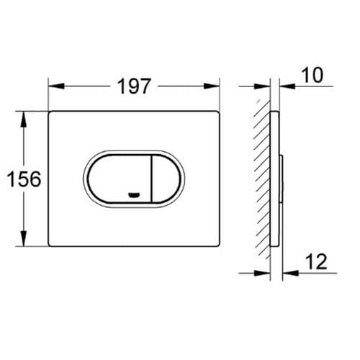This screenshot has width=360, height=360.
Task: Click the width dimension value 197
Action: pos(134,87)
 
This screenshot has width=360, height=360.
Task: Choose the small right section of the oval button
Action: pos(165,179)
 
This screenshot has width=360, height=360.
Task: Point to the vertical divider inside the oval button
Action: pos(150,179)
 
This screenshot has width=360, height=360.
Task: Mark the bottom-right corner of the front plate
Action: pos(218,245)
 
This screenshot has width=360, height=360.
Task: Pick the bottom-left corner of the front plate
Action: pos(50,245)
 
